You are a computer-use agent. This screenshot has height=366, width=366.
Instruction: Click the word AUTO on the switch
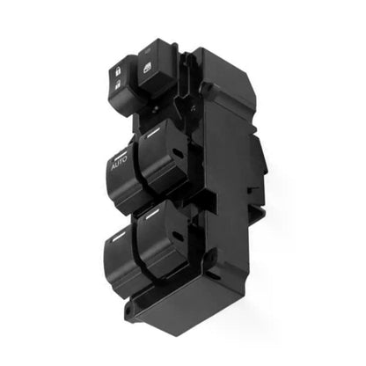pos(119,162)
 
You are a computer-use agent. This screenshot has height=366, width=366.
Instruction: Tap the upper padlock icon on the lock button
pos(118,71)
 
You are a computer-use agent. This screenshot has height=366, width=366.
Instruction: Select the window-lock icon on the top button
pos(147,69)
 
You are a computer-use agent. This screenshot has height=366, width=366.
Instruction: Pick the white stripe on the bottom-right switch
pos(153,214)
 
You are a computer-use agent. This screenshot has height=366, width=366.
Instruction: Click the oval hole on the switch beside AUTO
pos(177,153)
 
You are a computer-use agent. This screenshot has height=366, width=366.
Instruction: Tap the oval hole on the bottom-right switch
pos(177,236)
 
